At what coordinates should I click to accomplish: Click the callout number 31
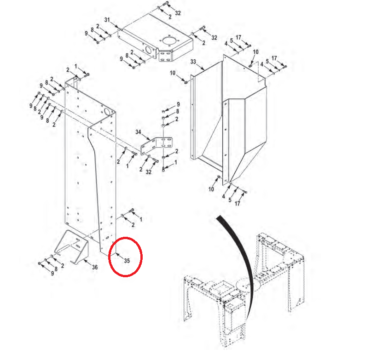pyautogui.click(x=107, y=20)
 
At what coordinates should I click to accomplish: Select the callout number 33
pyautogui.click(x=193, y=62)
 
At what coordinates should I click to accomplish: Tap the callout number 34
pyautogui.click(x=138, y=132)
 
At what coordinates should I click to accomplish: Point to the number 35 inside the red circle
pyautogui.click(x=127, y=260)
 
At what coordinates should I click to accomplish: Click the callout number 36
pyautogui.click(x=94, y=267)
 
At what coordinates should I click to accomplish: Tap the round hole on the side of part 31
pyautogui.click(x=150, y=49)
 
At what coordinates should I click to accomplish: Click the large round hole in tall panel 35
pyautogui.click(x=109, y=112)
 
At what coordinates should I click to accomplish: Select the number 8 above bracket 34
pyautogui.click(x=178, y=112)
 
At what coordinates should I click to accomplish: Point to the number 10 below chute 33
pyautogui.click(x=211, y=189)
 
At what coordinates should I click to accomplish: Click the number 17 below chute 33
pyautogui.click(x=238, y=203)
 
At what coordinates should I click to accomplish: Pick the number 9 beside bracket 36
pyautogui.click(x=52, y=274)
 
